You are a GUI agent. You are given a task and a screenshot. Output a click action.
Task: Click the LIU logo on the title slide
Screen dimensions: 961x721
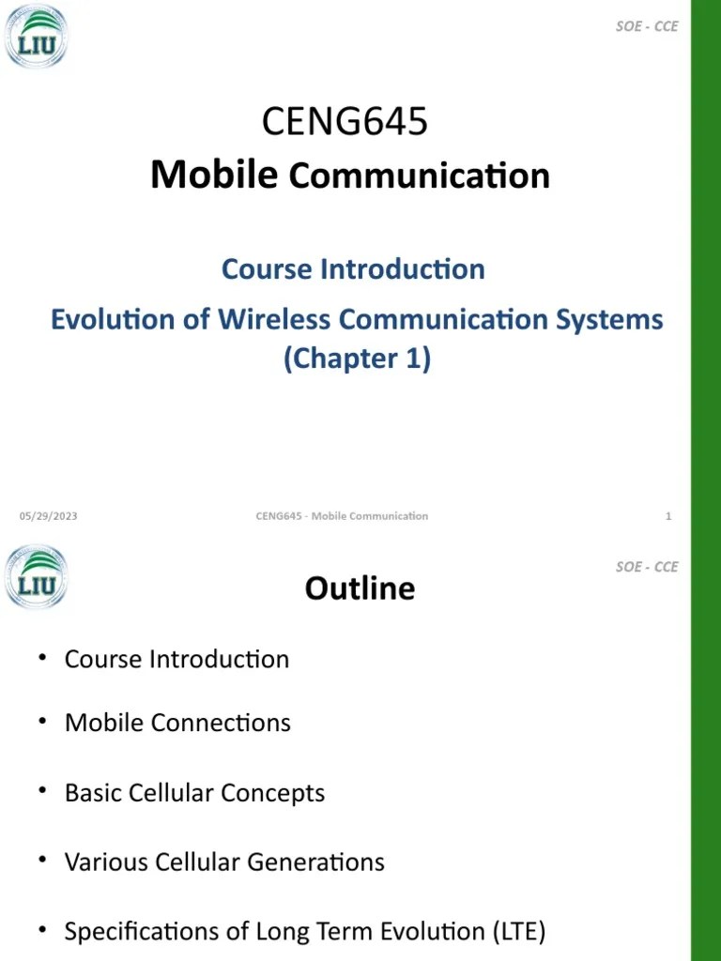37,37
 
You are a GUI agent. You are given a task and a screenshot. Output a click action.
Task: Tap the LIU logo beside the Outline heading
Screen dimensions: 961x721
37,577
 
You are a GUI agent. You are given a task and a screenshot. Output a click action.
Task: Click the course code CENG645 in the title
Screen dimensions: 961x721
345,122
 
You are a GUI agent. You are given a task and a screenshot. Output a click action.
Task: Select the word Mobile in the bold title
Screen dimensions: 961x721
214,175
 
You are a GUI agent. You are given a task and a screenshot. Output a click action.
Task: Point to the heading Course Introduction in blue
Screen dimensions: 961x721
353,269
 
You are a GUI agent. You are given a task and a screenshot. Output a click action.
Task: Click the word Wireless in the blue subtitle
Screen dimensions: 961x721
274,319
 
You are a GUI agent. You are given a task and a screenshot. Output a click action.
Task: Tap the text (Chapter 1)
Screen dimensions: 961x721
357,358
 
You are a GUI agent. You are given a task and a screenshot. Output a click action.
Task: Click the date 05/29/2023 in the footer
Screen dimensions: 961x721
49,516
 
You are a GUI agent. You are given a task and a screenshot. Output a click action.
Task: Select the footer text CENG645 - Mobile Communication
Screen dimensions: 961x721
342,516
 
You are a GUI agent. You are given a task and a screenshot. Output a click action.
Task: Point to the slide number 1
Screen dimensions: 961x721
668,516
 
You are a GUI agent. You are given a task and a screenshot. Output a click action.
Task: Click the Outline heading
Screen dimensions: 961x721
360,588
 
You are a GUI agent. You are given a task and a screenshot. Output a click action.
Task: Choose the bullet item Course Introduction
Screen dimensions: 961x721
176,659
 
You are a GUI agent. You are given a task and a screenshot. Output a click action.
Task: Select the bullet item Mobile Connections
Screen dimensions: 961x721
177,723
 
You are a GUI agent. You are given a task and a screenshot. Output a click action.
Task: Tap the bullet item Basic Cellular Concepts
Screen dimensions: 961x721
194,793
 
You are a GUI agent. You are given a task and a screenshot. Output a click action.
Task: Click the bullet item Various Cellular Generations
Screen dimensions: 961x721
224,862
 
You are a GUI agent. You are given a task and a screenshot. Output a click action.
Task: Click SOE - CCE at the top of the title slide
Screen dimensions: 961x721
647,26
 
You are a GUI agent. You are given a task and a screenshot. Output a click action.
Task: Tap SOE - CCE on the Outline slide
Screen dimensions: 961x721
647,567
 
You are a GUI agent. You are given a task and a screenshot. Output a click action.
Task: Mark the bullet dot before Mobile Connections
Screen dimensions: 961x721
42,721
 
